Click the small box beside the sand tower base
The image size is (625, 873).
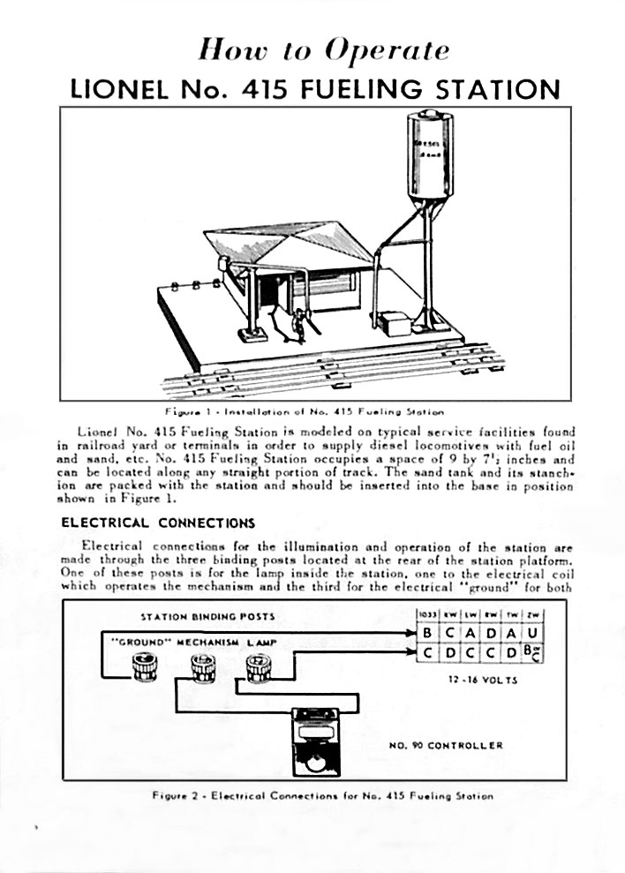click(x=398, y=323)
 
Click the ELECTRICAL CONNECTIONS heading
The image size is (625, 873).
click(x=158, y=523)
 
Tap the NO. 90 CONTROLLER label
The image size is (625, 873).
click(x=446, y=745)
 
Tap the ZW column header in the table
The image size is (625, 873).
click(x=532, y=614)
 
